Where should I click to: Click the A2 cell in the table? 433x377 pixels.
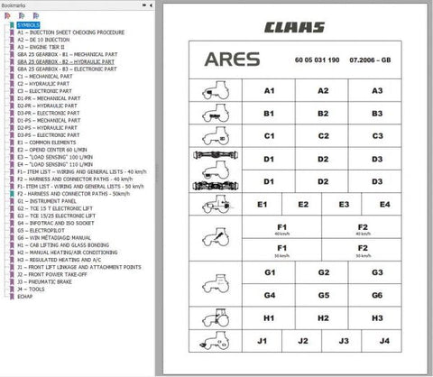tap(323, 92)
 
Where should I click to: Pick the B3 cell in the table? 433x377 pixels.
tap(377, 114)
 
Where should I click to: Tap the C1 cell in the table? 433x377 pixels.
tap(269, 136)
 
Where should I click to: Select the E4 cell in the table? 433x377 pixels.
tap(384, 204)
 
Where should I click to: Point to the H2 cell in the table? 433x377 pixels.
tap(323, 317)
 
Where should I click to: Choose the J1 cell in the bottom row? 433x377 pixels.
tap(263, 341)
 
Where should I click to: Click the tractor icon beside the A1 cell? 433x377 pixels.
tap(210, 92)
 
